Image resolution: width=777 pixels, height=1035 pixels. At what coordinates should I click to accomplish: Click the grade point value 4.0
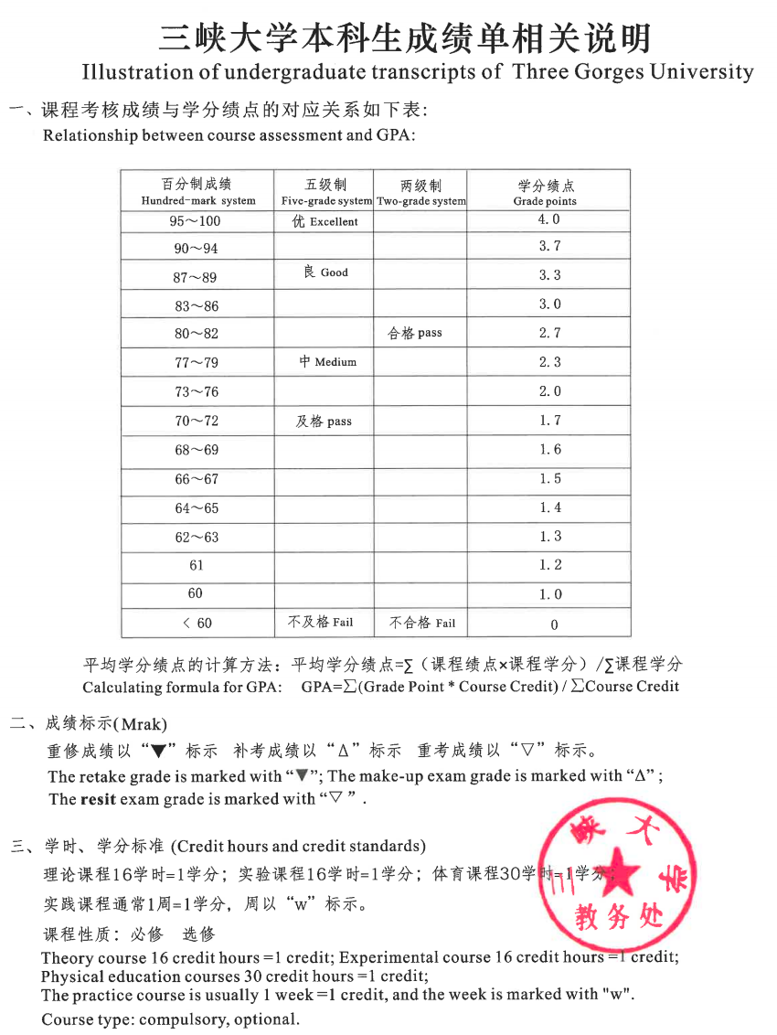549,219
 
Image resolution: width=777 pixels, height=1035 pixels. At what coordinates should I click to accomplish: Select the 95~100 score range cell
197,220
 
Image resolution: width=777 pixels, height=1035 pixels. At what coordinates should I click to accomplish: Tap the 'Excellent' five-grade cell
325,221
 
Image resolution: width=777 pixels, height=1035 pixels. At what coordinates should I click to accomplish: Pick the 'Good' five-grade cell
325,272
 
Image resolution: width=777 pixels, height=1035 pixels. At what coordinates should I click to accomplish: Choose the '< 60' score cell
197,623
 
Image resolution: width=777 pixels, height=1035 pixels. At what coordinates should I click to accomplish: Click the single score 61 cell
197,565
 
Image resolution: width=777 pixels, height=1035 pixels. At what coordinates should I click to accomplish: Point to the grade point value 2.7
549,333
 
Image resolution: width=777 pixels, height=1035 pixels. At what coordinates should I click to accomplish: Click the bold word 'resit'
98,799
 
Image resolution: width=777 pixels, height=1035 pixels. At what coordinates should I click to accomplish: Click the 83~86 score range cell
197,305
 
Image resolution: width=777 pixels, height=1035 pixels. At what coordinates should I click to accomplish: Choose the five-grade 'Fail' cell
320,622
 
